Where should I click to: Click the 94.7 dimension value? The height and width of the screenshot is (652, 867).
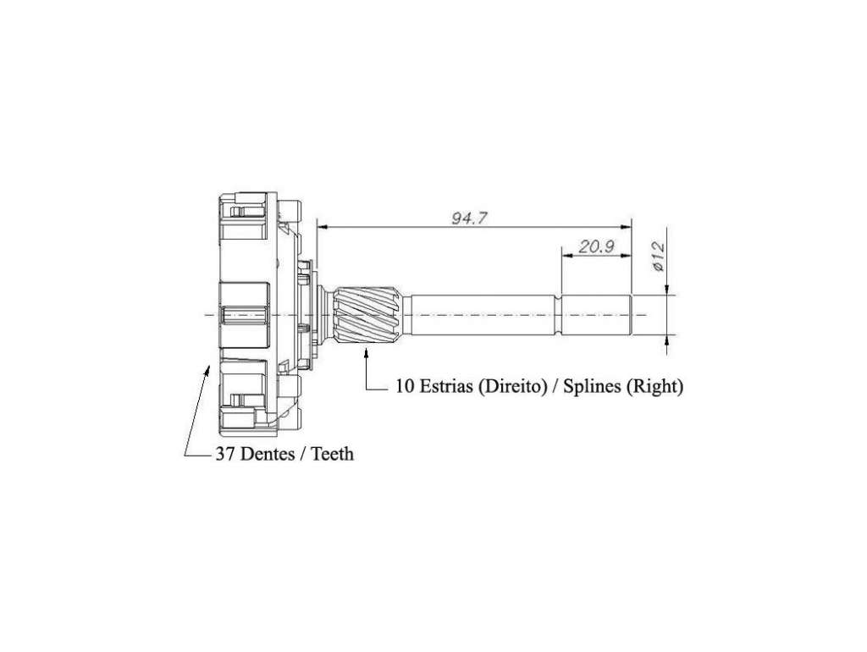click(x=469, y=218)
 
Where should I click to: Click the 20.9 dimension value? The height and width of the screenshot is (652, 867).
click(x=597, y=246)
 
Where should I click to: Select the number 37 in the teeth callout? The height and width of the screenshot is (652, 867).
click(x=223, y=454)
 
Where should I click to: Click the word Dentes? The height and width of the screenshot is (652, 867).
click(x=268, y=454)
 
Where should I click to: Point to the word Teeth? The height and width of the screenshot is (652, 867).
click(x=332, y=454)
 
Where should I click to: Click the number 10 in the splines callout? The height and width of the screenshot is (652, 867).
click(x=405, y=385)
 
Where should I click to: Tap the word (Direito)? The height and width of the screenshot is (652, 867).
click(x=512, y=386)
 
